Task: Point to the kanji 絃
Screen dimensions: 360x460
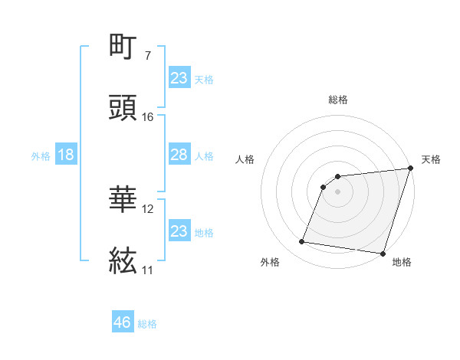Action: tap(123, 261)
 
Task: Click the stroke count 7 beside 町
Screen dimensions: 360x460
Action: tap(147, 56)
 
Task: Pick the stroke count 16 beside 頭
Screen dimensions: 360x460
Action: tap(147, 117)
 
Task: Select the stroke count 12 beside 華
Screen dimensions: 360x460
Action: tap(148, 208)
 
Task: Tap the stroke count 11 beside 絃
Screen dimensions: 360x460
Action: tap(147, 270)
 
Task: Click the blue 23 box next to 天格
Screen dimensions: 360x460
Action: tap(179, 78)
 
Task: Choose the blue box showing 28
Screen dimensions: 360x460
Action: tap(179, 155)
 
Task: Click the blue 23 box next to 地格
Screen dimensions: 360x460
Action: tap(179, 231)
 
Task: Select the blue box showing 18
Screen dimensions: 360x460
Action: tap(66, 155)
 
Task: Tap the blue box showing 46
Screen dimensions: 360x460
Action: tap(123, 322)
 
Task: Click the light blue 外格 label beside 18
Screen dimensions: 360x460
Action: tap(41, 155)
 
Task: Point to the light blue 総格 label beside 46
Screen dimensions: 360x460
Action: tap(147, 324)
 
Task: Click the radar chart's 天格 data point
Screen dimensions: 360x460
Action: tap(410, 169)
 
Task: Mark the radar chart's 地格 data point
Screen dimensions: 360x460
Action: tap(383, 253)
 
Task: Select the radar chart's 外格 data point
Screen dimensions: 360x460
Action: tap(302, 242)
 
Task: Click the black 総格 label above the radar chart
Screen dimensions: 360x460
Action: tap(338, 100)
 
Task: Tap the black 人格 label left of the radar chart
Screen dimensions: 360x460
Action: tap(245, 159)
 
